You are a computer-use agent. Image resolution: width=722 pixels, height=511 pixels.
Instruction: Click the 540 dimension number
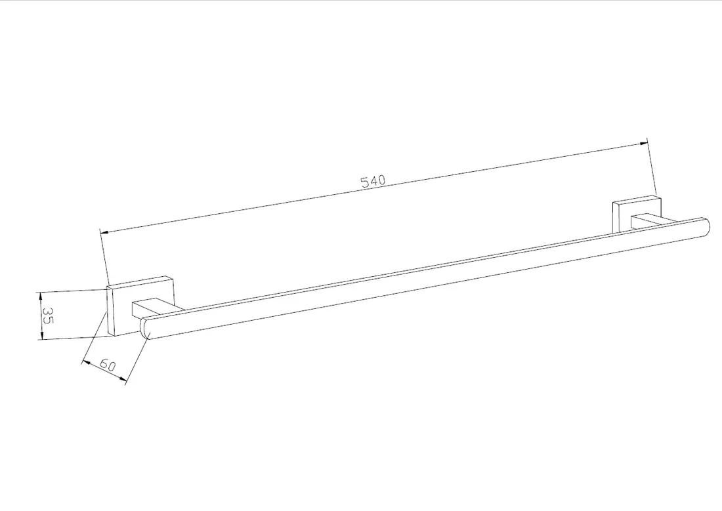373,180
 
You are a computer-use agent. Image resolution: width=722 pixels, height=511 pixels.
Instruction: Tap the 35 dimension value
47,315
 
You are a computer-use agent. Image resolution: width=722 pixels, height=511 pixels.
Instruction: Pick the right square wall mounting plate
637,213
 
